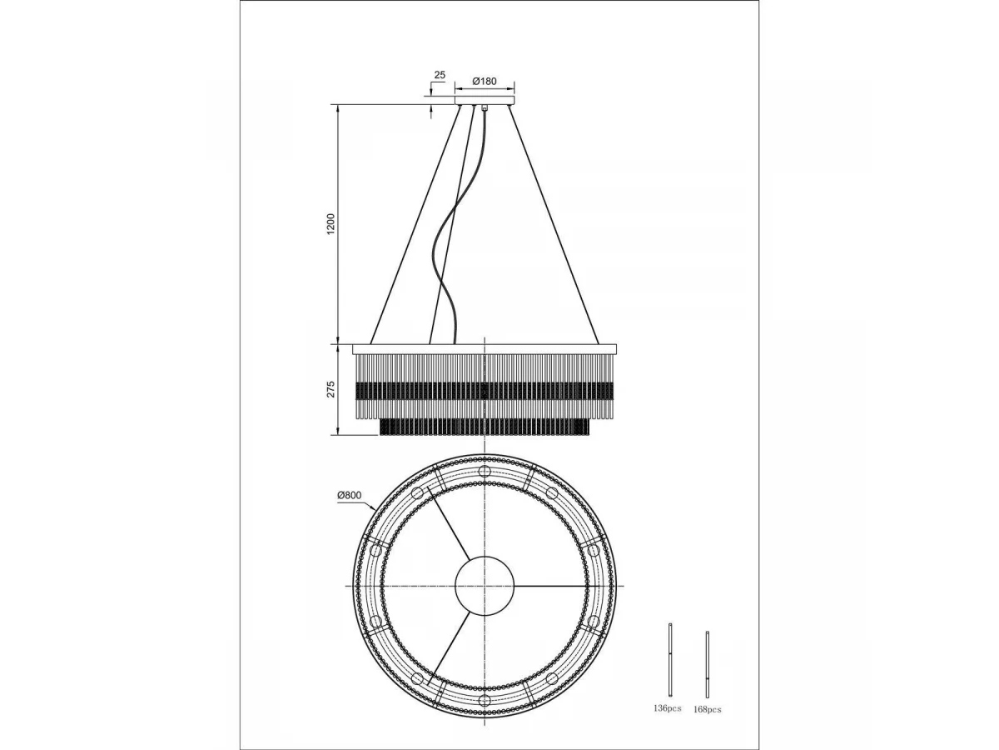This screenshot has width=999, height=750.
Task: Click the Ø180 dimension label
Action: [485, 82]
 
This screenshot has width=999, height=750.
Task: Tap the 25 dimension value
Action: [440, 75]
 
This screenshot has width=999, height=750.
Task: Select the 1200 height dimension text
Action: [331, 224]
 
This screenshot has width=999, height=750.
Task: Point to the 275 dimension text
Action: [331, 389]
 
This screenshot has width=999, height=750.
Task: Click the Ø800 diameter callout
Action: [350, 496]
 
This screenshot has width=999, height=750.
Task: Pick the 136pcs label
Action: [667, 708]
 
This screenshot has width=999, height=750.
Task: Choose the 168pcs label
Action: [708, 709]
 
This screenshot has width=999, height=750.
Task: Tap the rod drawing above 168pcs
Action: [707, 664]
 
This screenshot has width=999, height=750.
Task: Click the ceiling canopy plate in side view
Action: [485, 100]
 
